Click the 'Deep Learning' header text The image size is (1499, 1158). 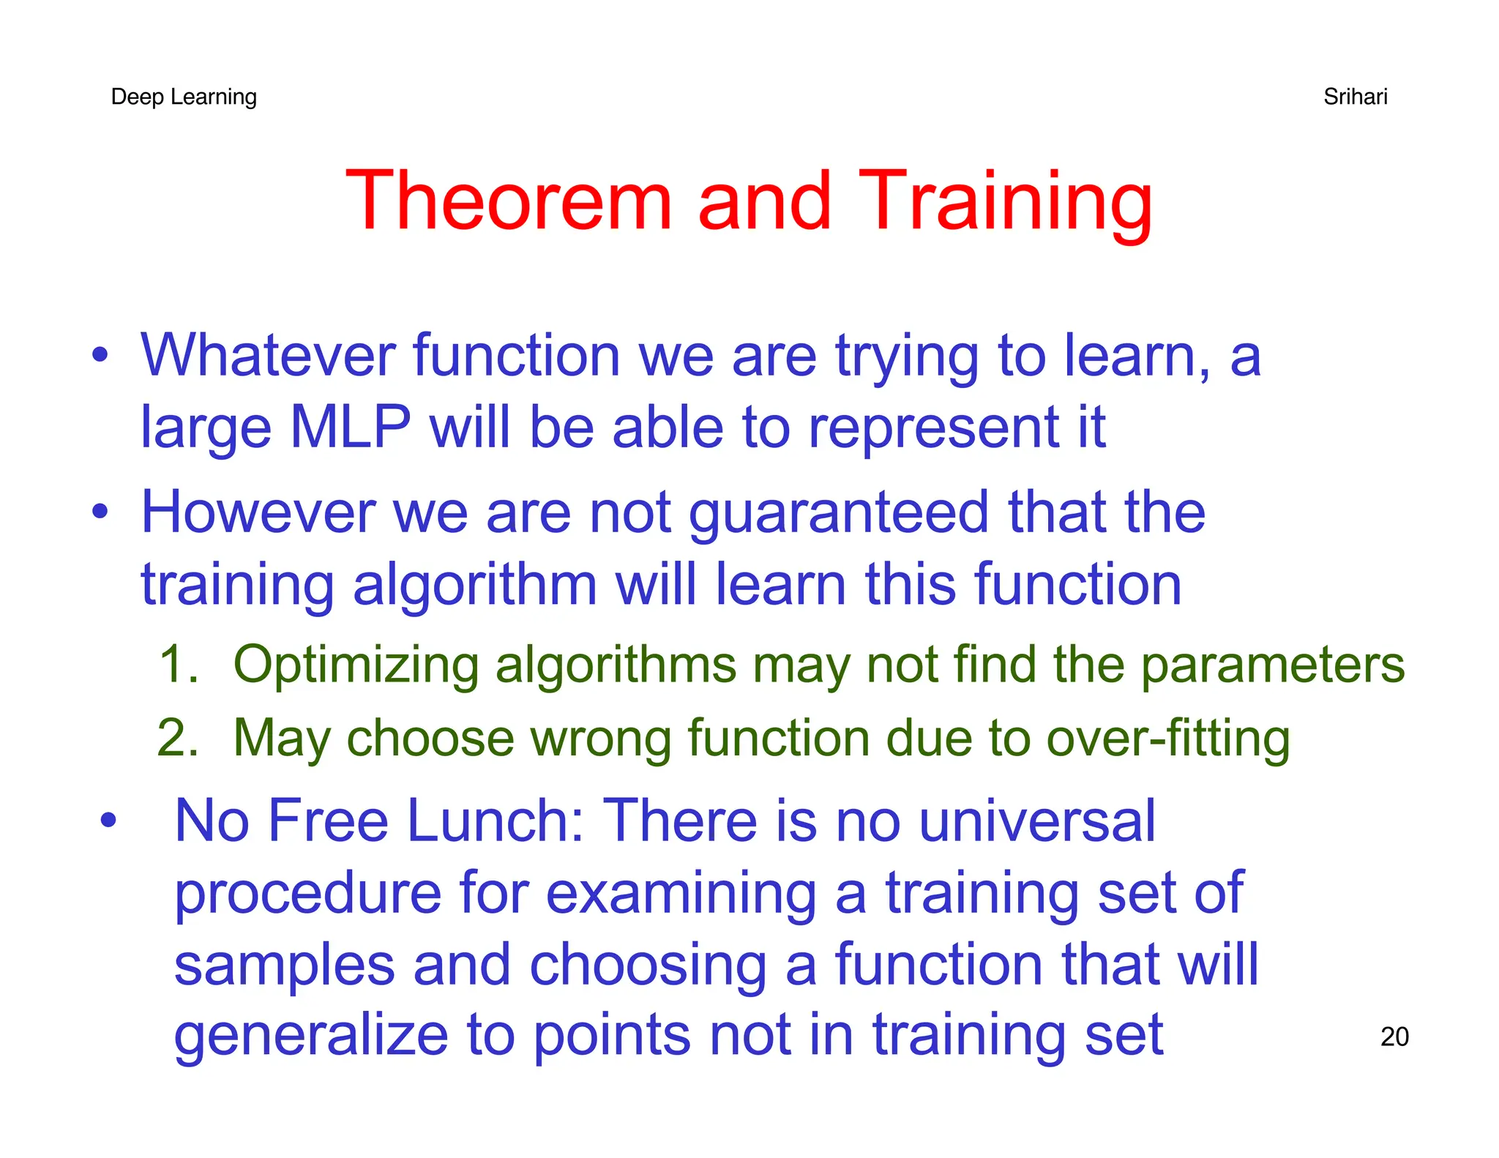(x=184, y=97)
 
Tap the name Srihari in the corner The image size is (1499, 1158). (x=1355, y=97)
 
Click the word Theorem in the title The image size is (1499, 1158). (x=508, y=201)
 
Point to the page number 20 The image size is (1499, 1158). (x=1394, y=1036)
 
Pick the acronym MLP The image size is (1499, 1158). (x=350, y=427)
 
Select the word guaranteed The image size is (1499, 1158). (x=839, y=514)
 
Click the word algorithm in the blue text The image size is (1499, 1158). (x=474, y=586)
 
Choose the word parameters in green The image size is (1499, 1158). (x=1272, y=666)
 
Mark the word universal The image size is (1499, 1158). (x=1036, y=821)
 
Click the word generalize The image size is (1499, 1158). (x=310, y=1036)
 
